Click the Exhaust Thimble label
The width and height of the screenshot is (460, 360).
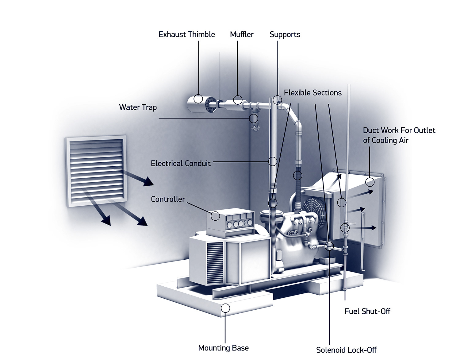(186, 34)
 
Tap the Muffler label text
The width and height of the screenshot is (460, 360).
(242, 34)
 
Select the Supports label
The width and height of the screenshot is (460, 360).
(285, 34)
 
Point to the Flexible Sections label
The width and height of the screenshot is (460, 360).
(312, 93)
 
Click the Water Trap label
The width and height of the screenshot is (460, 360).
(138, 107)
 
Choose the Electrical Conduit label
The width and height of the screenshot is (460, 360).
(181, 163)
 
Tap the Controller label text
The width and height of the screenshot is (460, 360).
(168, 199)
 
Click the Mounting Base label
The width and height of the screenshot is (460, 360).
(223, 348)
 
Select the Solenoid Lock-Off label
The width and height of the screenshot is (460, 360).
(346, 350)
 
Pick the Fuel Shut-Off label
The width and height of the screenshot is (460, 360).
(367, 311)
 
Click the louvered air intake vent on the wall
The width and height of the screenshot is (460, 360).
(96, 171)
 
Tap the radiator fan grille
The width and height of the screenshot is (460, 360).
(314, 209)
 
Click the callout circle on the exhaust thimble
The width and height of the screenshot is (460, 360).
(198, 99)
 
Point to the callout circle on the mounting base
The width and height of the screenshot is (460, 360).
(225, 308)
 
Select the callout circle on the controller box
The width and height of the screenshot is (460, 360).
(216, 216)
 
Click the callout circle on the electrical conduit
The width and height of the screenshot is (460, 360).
(273, 161)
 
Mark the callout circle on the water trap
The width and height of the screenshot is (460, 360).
(253, 118)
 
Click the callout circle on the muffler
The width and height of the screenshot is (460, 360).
(238, 100)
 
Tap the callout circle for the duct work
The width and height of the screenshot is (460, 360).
(370, 182)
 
